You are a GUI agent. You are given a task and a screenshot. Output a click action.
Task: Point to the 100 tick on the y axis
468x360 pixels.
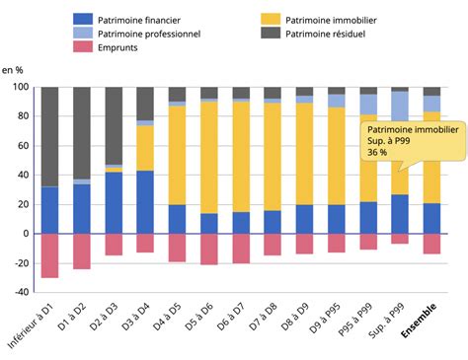[x=19, y=88]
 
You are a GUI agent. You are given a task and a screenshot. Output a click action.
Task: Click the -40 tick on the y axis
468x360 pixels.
[x=19, y=292]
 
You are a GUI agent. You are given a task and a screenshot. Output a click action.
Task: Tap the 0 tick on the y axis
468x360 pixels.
[x=25, y=234]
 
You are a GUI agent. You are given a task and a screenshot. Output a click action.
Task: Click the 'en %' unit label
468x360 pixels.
[x=13, y=71]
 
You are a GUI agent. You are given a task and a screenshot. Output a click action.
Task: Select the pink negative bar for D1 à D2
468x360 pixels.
[x=82, y=252]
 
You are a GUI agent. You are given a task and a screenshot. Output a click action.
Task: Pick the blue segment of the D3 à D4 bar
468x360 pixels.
[x=145, y=202]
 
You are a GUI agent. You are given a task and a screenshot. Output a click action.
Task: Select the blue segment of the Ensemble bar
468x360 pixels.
[x=431, y=218]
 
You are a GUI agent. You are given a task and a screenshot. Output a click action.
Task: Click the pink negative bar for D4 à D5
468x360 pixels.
[x=178, y=248]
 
